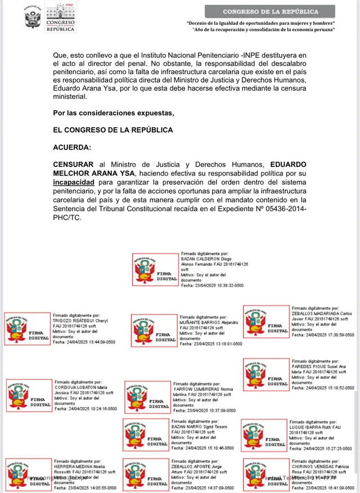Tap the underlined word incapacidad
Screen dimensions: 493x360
pyautogui.click(x=76, y=183)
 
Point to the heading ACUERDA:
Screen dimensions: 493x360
pyautogui.click(x=72, y=147)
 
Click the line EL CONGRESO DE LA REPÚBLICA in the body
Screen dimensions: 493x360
pyautogui.click(x=113, y=130)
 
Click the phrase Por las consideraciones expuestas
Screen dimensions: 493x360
pyautogui.click(x=114, y=113)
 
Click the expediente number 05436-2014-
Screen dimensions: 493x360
pyautogui.click(x=281, y=210)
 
